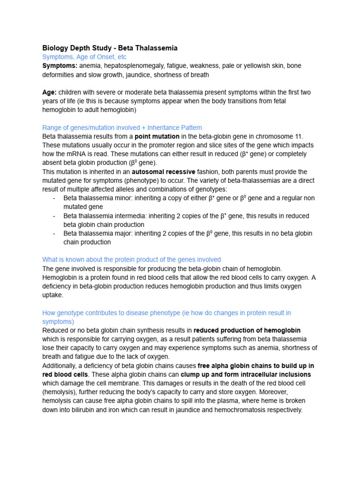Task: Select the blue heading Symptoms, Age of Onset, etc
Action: [84, 57]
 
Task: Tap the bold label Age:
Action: [49, 92]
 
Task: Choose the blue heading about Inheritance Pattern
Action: [122, 127]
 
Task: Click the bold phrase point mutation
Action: [157, 136]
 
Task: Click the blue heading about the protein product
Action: [131, 259]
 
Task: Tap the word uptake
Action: [52, 295]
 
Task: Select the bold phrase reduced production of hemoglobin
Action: [247, 330]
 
